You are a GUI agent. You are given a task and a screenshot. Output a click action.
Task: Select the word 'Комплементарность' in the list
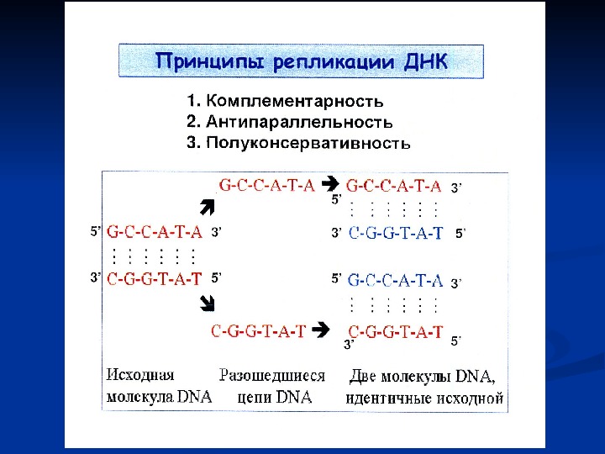(294, 103)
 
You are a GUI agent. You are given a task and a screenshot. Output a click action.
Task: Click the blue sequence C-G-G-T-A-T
(395, 234)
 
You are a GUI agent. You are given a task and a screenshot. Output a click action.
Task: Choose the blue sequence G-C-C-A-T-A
(395, 279)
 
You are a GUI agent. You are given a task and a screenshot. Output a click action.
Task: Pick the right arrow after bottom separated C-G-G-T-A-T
(320, 331)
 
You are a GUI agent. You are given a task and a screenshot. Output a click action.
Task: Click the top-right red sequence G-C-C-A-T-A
(394, 184)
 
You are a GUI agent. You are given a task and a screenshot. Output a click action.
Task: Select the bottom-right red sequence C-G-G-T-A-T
(395, 332)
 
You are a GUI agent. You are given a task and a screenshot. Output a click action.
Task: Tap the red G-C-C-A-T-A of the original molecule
(155, 231)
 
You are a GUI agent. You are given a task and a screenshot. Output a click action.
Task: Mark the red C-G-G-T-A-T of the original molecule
(155, 279)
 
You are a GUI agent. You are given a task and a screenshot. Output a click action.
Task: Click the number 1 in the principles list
(191, 103)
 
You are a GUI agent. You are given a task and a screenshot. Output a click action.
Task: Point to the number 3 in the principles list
(191, 143)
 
